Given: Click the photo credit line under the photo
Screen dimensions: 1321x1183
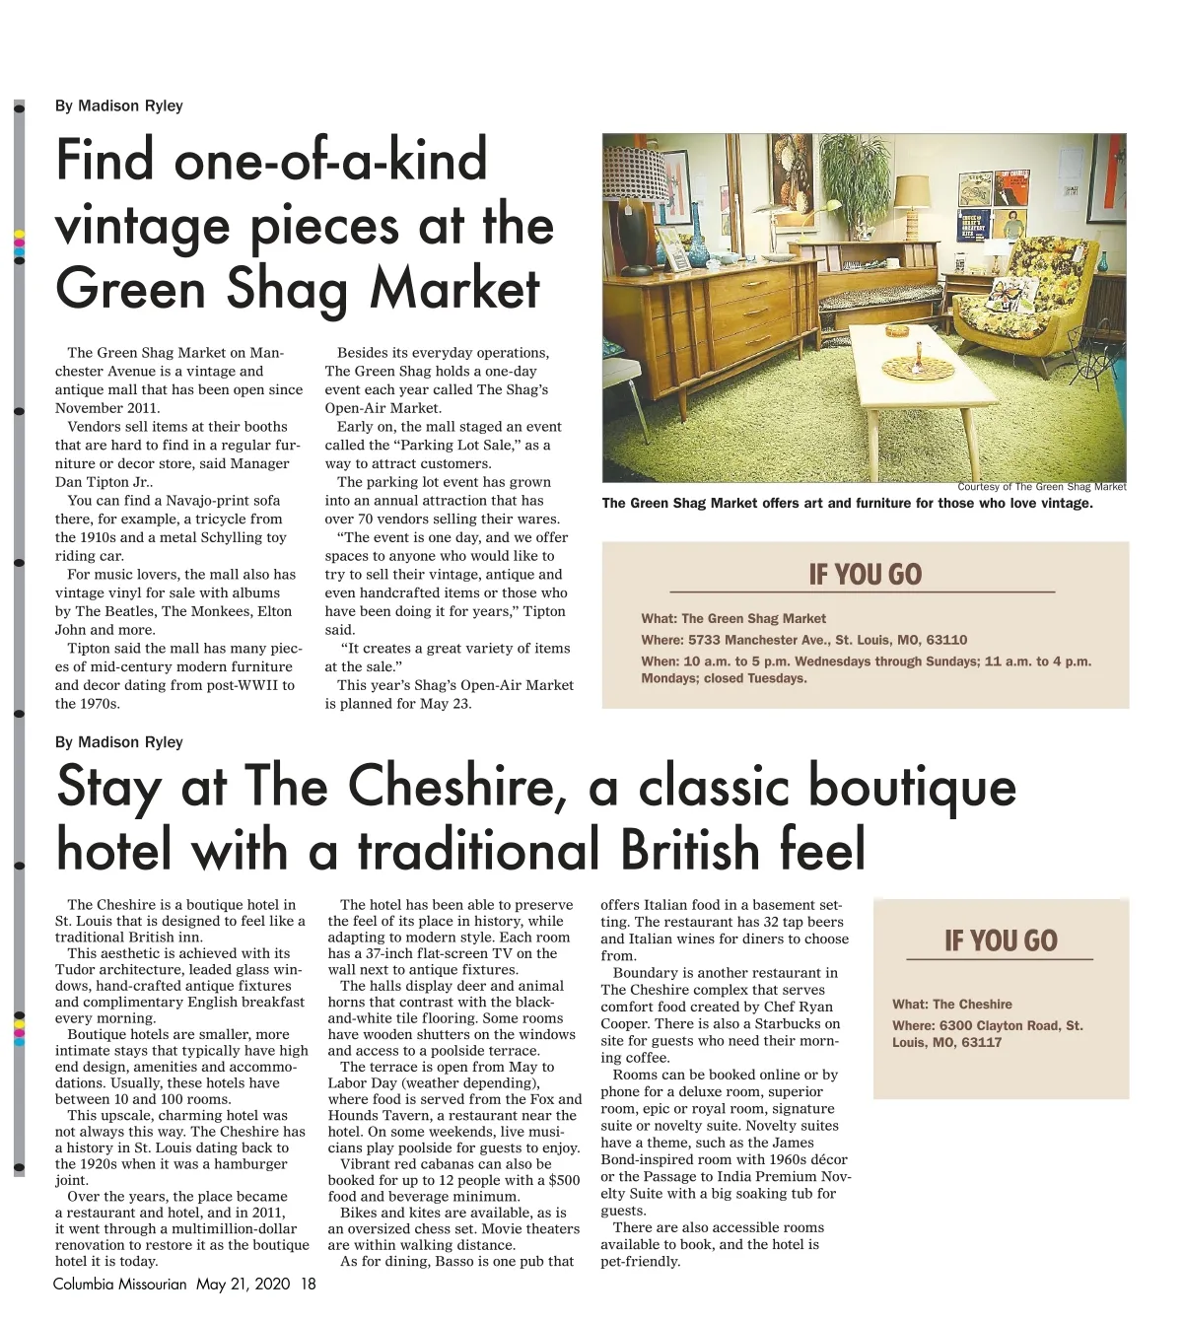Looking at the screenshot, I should tap(1041, 486).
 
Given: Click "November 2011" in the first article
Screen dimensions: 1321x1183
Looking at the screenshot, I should tap(107, 408).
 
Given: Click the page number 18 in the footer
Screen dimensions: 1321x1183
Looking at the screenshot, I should tap(309, 1285).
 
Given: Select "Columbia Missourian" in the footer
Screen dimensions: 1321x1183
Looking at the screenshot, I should tap(119, 1285).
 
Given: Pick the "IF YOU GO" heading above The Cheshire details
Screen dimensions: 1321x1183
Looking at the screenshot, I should tap(1000, 940).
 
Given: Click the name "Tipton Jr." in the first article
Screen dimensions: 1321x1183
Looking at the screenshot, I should tap(117, 482).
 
